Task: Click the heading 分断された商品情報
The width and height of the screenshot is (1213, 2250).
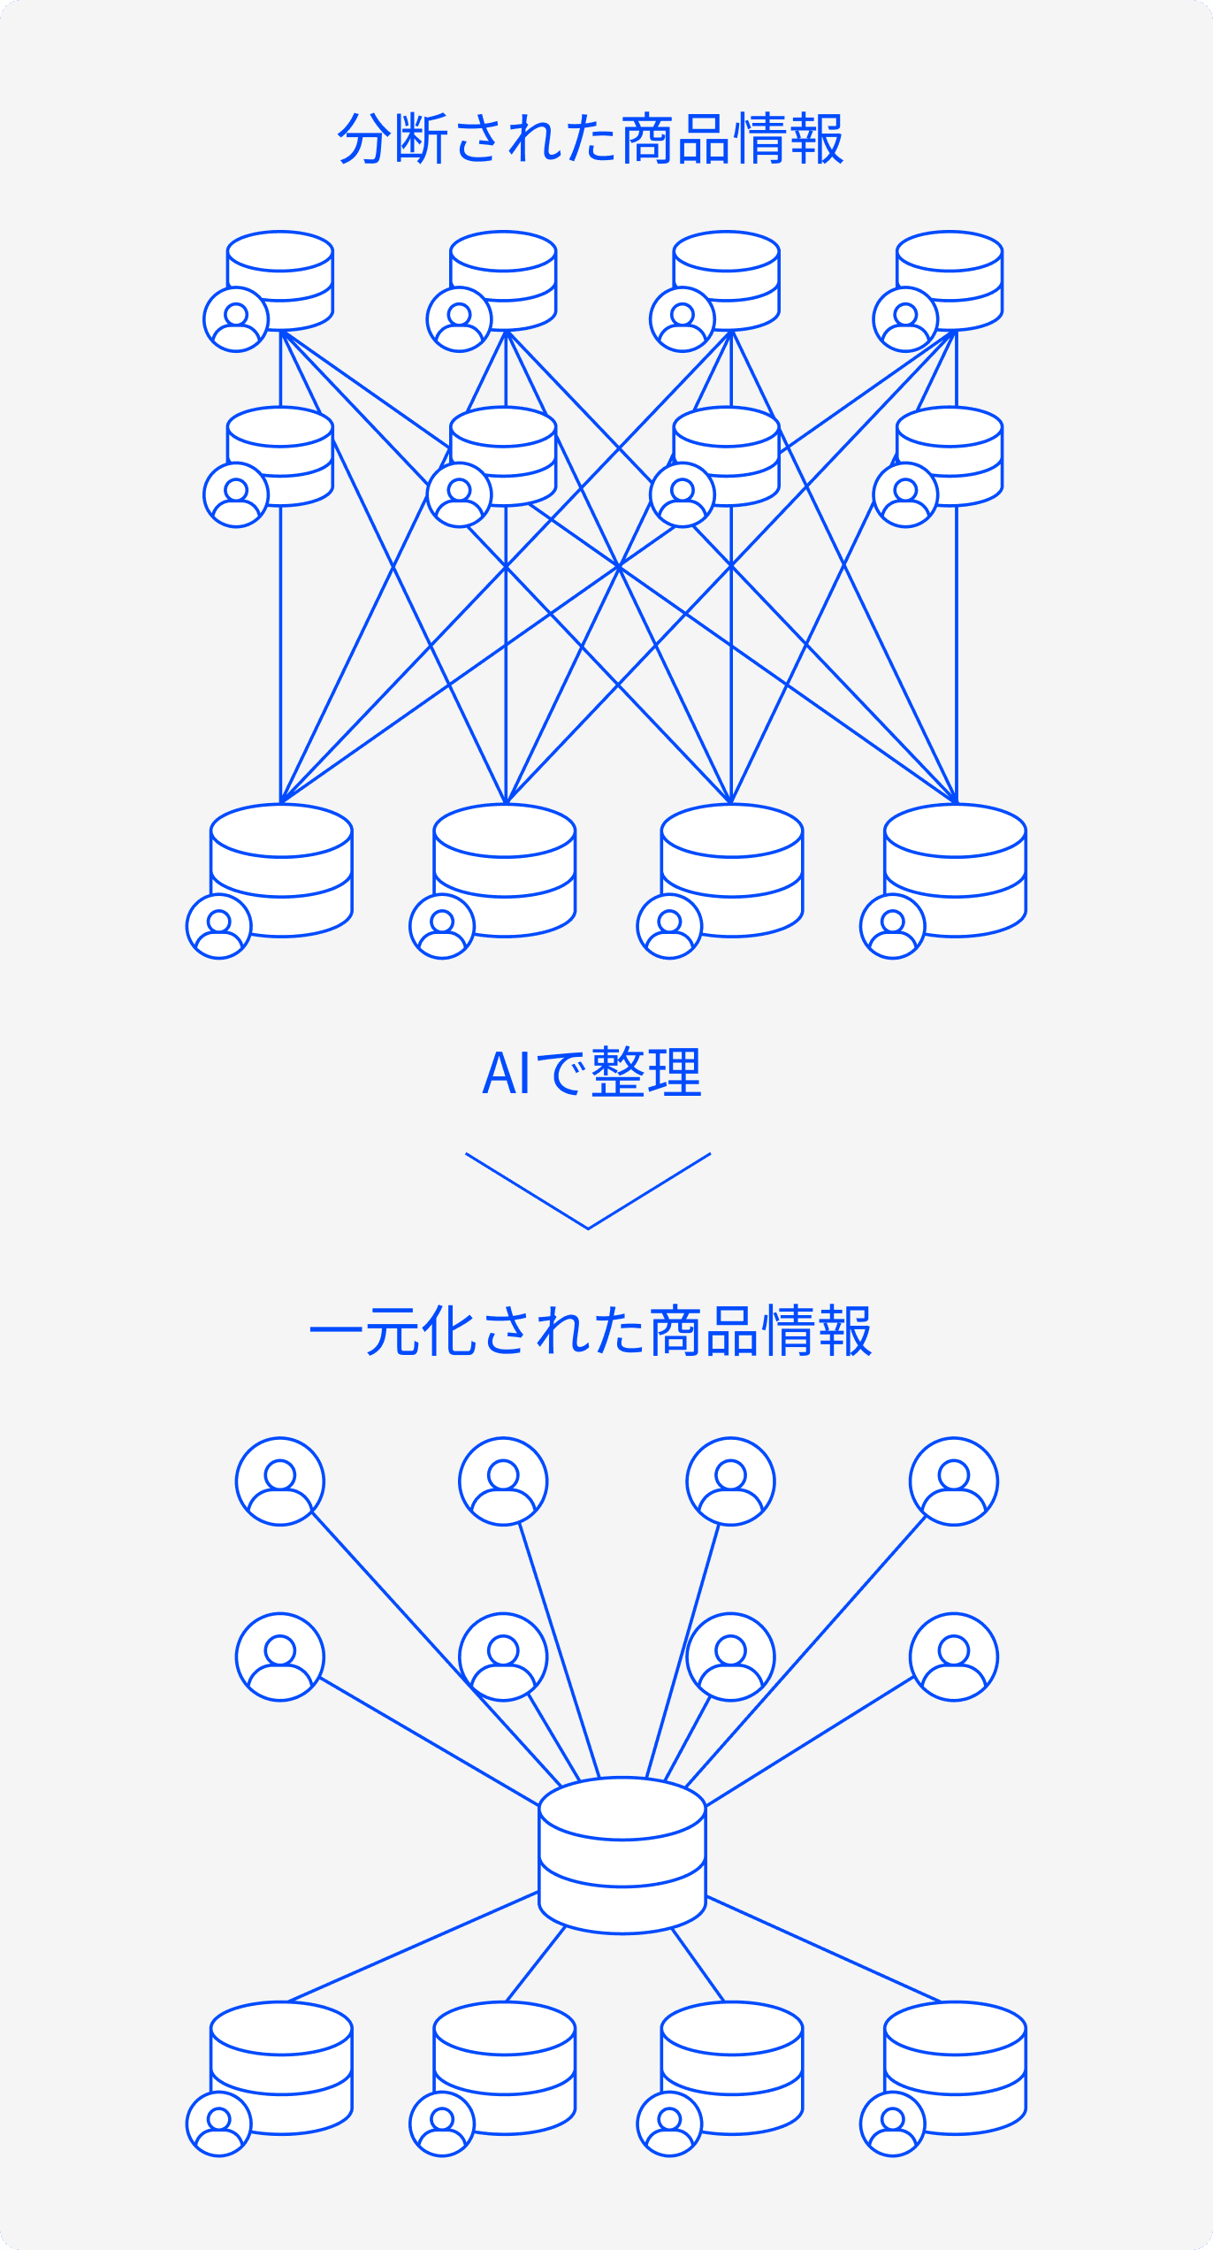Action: [x=591, y=139]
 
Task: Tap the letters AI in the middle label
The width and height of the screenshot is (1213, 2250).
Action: [x=506, y=1074]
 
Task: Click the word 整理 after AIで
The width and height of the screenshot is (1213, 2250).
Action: [x=646, y=1073]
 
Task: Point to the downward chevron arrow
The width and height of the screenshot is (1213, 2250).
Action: [x=588, y=1191]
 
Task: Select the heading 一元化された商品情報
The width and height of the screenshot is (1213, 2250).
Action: [x=591, y=1331]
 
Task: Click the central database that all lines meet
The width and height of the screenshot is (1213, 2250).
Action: [x=622, y=1854]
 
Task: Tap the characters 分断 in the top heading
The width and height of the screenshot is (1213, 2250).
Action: [x=393, y=139]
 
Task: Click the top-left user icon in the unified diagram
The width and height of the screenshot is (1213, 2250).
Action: [x=280, y=1481]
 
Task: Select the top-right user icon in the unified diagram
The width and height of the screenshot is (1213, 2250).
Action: [x=954, y=1481]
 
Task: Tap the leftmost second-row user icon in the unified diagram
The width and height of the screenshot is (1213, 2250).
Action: [x=280, y=1657]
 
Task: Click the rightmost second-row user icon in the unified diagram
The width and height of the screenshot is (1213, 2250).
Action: [x=954, y=1657]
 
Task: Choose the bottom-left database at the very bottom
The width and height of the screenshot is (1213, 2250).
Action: [x=282, y=2068]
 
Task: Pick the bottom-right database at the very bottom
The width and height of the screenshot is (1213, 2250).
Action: [x=955, y=2068]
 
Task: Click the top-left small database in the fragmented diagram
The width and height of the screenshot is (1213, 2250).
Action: [x=280, y=279]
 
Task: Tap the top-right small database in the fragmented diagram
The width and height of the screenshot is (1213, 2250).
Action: [x=950, y=279]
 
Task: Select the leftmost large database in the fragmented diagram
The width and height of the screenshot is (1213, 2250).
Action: [x=282, y=869]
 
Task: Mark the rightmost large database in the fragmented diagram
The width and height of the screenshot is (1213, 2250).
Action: [x=955, y=869]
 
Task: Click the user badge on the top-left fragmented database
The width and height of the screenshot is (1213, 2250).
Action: [x=236, y=319]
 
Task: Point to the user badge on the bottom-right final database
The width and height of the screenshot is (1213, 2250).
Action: [x=893, y=2124]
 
